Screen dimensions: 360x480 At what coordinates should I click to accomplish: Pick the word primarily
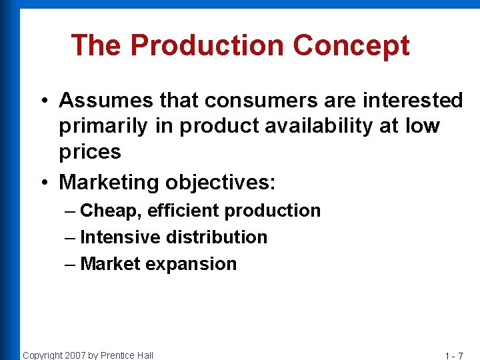(x=102, y=126)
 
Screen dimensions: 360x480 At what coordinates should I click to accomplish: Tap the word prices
(x=90, y=152)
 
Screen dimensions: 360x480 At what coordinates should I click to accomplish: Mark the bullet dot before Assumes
(x=42, y=101)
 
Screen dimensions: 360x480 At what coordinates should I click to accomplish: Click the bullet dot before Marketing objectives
(x=42, y=183)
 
